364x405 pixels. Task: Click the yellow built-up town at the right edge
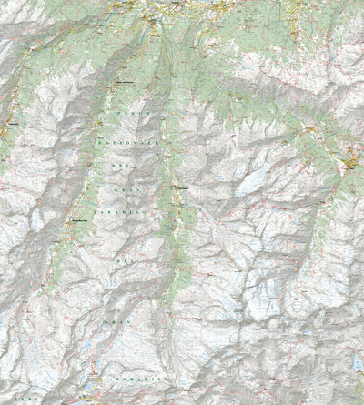(352, 163)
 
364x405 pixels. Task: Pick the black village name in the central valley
(182, 187)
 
